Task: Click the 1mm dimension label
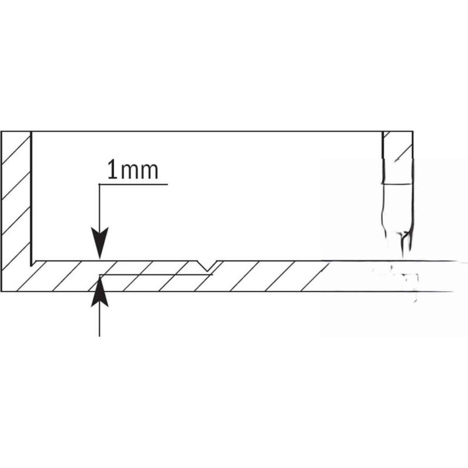click(x=133, y=170)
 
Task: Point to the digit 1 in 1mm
click(x=112, y=170)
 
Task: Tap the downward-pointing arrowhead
click(x=99, y=242)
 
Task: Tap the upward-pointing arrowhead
click(x=99, y=291)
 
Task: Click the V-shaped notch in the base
click(x=207, y=266)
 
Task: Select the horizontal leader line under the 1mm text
click(x=133, y=184)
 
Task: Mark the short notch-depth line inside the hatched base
click(x=156, y=274)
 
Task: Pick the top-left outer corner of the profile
click(x=1, y=131)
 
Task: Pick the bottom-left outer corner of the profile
click(x=1, y=291)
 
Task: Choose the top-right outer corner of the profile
click(x=413, y=131)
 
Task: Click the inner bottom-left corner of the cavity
click(x=32, y=265)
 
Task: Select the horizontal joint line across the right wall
click(x=398, y=184)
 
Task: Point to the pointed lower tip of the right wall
click(x=404, y=256)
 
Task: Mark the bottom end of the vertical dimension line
click(x=99, y=336)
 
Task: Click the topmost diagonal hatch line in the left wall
click(x=16, y=149)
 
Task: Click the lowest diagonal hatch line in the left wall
click(x=16, y=255)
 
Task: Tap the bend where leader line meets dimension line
click(x=99, y=184)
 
